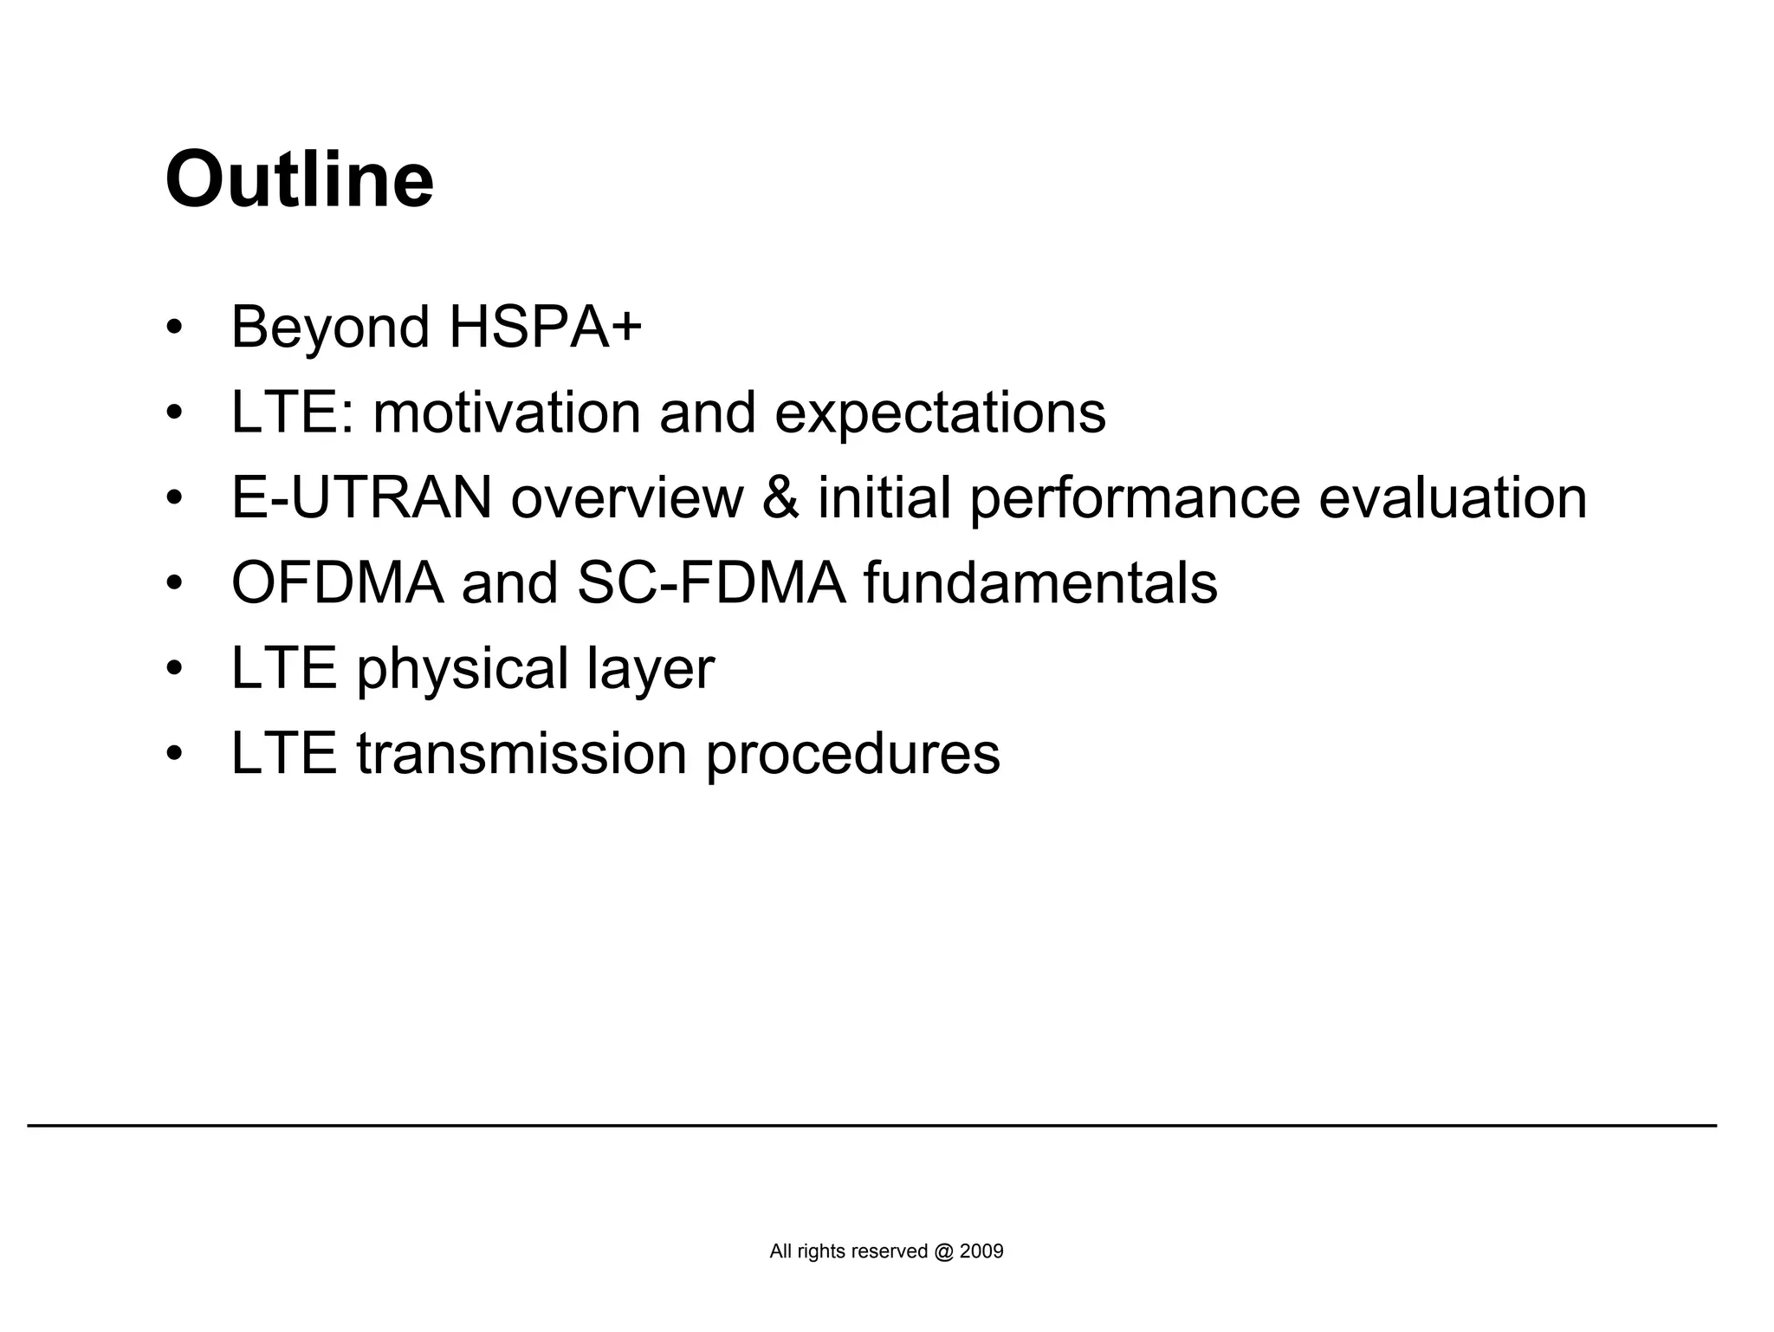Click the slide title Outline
coord(299,180)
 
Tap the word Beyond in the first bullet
coord(330,328)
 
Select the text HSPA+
coord(545,328)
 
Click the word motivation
coord(507,413)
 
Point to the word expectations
coord(940,414)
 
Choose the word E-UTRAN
coord(361,498)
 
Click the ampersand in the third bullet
coord(780,498)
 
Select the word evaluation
coord(1453,498)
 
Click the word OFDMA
coord(337,583)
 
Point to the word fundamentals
coord(1040,583)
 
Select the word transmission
coord(521,754)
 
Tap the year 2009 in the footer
coord(981,1251)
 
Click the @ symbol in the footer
coord(943,1251)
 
